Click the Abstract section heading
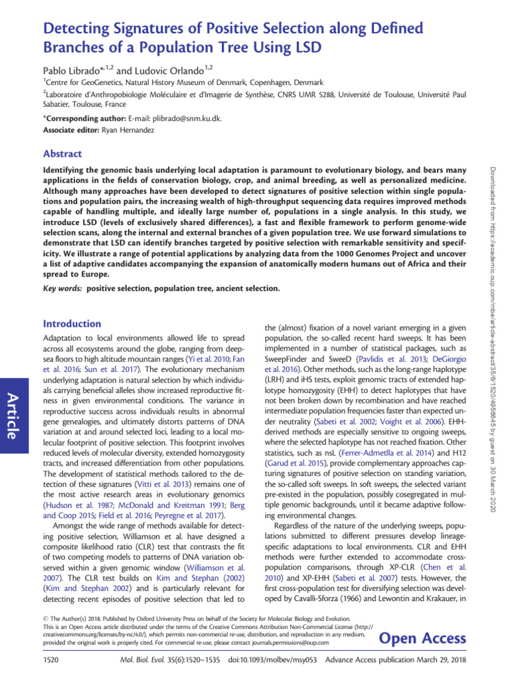click(x=62, y=153)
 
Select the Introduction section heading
click(x=72, y=323)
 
